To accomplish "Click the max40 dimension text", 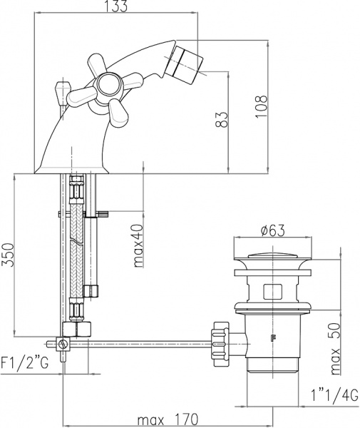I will click(140, 245).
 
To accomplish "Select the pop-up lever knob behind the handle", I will click(61, 91).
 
